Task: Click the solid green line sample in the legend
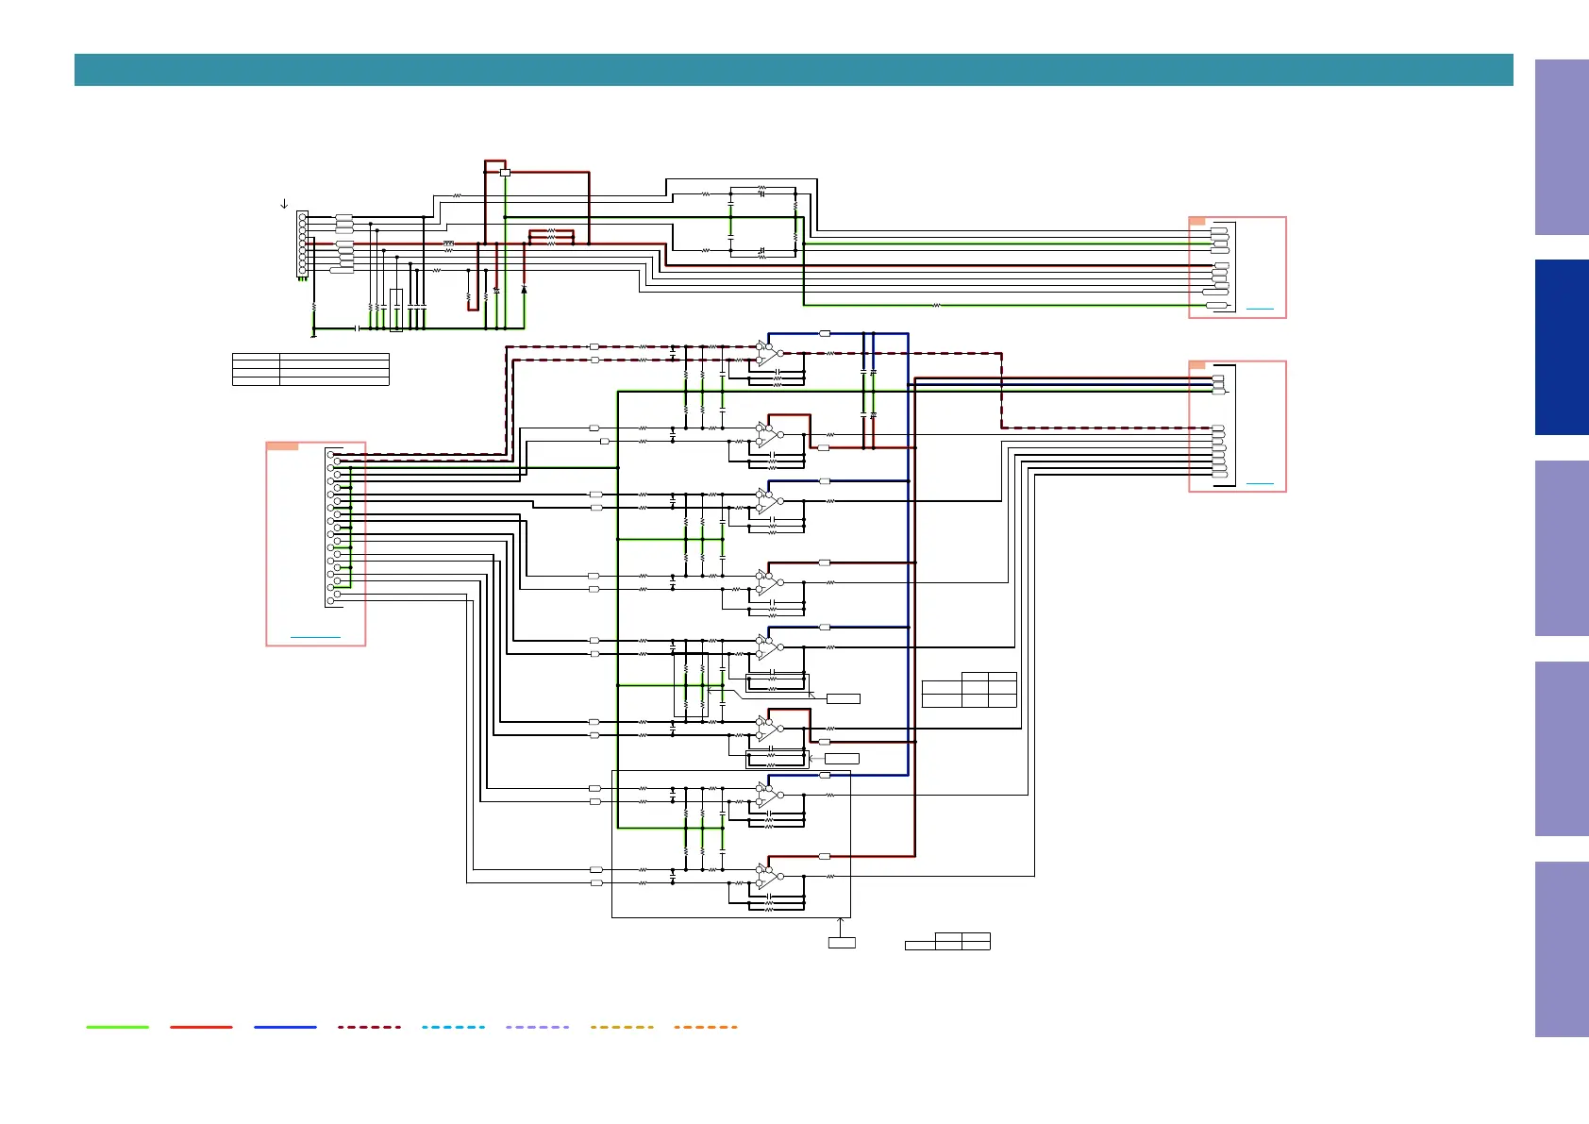pyautogui.click(x=117, y=1027)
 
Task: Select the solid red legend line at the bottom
pyautogui.click(x=201, y=1027)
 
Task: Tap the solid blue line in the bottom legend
pyautogui.click(x=285, y=1027)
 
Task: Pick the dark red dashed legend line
pyautogui.click(x=369, y=1027)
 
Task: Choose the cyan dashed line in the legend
pyautogui.click(x=453, y=1027)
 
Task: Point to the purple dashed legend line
pyautogui.click(x=537, y=1027)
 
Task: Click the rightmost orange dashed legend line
pyautogui.click(x=706, y=1027)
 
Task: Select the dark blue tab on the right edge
pyautogui.click(x=1562, y=347)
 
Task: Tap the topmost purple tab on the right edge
pyautogui.click(x=1562, y=147)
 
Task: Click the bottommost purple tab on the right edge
pyautogui.click(x=1562, y=948)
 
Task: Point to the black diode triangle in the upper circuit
pyautogui.click(x=524, y=289)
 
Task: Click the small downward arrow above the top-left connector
pyautogui.click(x=284, y=204)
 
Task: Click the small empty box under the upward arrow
pyautogui.click(x=842, y=943)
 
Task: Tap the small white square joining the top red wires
pyautogui.click(x=505, y=173)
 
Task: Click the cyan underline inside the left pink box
pyautogui.click(x=315, y=638)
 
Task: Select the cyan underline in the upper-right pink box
pyautogui.click(x=1260, y=309)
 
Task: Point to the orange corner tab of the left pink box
pyautogui.click(x=282, y=446)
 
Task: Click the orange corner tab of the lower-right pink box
pyautogui.click(x=1197, y=364)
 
